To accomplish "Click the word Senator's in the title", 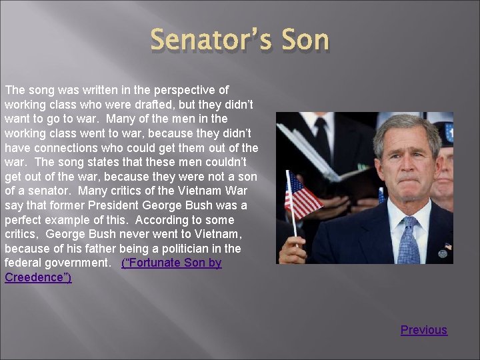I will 209,40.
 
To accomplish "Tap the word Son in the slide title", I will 303,40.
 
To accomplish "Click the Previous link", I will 424,329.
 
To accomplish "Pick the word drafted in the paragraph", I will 143,105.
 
